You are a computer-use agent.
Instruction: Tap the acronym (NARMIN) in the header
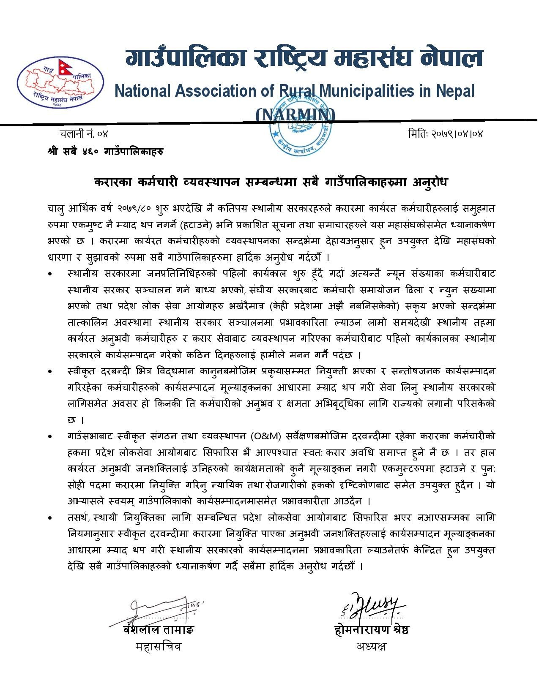pos(296,114)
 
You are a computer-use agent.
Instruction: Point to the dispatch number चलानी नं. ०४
pos(84,134)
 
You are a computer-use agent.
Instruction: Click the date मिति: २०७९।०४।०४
pos(445,134)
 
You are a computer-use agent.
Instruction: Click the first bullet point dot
pos(51,274)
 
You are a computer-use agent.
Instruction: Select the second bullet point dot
pos(51,372)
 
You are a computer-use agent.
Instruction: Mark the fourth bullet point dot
pos(51,518)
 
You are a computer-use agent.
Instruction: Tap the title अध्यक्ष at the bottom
pos(371,646)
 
